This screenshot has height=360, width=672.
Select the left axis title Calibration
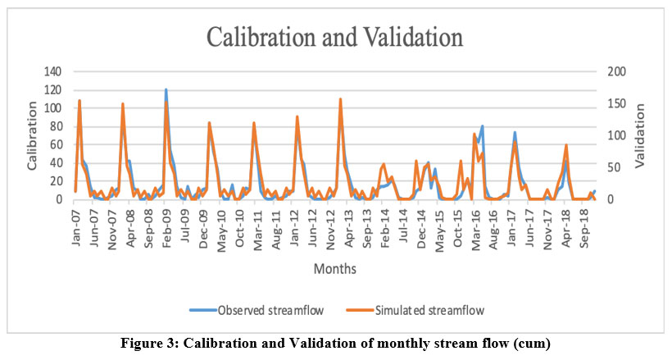coord(32,135)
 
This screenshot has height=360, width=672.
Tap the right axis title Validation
coord(641,135)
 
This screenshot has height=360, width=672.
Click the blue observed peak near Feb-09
coord(166,89)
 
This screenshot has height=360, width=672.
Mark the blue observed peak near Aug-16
coord(483,126)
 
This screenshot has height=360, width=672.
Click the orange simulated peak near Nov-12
coord(340,99)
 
